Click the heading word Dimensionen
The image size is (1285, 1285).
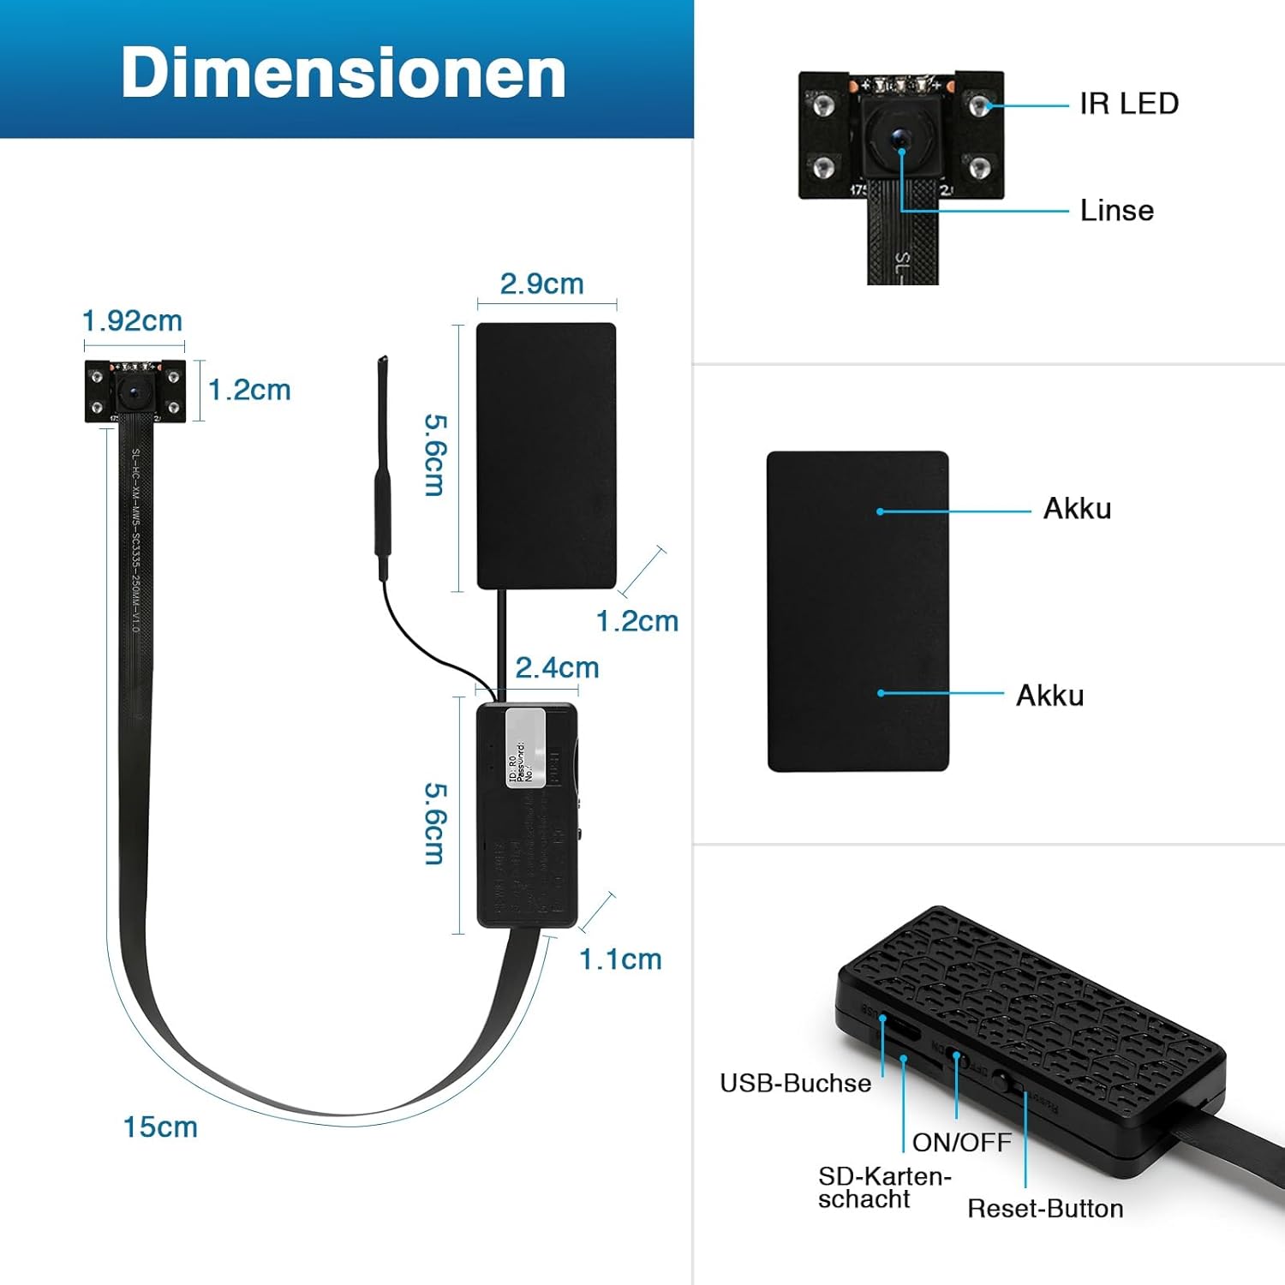tap(344, 74)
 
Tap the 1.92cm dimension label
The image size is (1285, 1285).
tap(132, 321)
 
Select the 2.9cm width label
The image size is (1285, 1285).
tap(541, 284)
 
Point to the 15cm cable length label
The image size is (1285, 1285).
tap(160, 1127)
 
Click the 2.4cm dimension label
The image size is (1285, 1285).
tap(557, 668)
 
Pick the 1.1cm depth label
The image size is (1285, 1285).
tap(620, 959)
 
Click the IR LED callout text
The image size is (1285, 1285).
tap(1128, 104)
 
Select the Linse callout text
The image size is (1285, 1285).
tap(1116, 211)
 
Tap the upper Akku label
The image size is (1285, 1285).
tap(1077, 509)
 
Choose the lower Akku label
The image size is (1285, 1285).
tap(1049, 696)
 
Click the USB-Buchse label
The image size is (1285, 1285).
tap(795, 1084)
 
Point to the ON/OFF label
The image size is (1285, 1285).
tap(961, 1143)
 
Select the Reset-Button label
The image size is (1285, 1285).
tap(1045, 1209)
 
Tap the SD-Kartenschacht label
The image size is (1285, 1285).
tap(882, 1187)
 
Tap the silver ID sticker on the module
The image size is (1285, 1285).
tap(526, 745)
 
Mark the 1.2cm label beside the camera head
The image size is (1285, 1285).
tap(249, 391)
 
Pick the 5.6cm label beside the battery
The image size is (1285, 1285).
tap(435, 455)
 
